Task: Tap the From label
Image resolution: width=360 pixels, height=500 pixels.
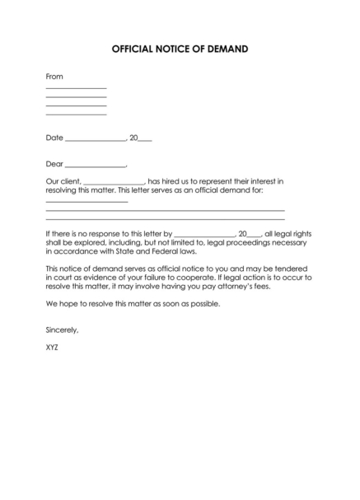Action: (54, 77)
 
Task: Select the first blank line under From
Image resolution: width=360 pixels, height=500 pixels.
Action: (76, 88)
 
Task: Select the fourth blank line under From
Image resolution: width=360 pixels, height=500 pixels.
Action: (76, 114)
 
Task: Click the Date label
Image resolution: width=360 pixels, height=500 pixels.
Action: (54, 138)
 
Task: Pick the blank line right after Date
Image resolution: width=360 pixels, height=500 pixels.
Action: (95, 140)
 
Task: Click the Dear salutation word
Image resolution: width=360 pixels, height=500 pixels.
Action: (54, 163)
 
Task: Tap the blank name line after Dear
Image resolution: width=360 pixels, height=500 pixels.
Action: (96, 166)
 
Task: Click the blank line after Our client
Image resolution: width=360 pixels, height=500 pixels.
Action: (114, 183)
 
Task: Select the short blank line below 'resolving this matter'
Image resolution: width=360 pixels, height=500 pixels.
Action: (86, 201)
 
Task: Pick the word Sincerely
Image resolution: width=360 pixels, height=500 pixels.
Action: (62, 329)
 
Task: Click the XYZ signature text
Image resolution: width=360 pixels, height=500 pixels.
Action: (52, 347)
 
